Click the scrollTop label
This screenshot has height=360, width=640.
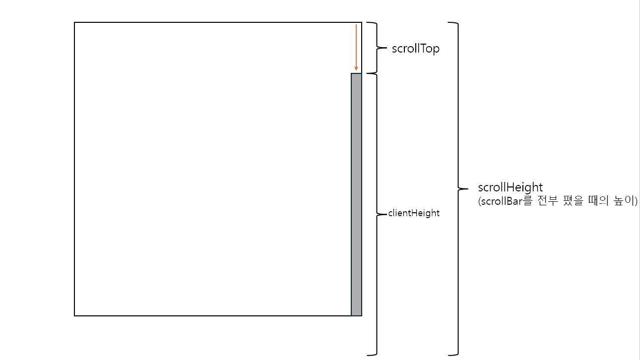pos(415,49)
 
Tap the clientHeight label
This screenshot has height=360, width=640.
pos(414,213)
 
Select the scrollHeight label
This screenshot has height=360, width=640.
pos(511,187)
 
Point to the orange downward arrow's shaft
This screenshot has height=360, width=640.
pos(356,45)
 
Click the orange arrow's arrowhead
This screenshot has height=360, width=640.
pos(356,69)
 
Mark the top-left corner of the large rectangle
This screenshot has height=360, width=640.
pos(74,22)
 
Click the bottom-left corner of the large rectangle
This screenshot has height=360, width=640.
pos(74,315)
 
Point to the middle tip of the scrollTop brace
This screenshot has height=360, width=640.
pos(385,48)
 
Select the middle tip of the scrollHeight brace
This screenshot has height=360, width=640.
pos(467,188)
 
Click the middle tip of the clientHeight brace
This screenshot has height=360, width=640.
pos(385,214)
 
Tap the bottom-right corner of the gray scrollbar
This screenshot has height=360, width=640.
pos(362,315)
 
